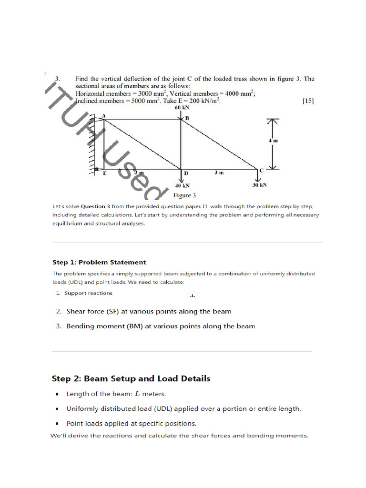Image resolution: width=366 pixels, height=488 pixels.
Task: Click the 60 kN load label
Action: point(182,108)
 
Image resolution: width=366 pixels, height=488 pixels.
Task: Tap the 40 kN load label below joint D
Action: point(182,186)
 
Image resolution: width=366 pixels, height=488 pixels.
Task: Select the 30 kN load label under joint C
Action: point(259,185)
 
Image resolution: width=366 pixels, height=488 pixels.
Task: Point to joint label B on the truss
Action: point(187,118)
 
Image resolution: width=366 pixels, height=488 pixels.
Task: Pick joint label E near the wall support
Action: point(105,174)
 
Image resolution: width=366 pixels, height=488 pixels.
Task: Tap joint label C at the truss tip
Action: point(262,170)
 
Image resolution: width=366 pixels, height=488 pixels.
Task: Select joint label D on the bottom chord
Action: point(186,173)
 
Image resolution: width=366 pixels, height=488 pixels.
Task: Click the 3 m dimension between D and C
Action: point(218,173)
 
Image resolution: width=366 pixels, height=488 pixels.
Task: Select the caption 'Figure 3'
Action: point(184,195)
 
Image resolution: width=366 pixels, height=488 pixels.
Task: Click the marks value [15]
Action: point(308,101)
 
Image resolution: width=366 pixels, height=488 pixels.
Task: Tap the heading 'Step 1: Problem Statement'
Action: point(99,262)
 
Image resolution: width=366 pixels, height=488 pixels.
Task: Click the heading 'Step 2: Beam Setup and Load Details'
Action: point(131,379)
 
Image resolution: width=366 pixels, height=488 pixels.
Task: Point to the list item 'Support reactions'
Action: point(89,293)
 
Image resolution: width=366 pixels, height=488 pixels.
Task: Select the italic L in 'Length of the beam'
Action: point(138,394)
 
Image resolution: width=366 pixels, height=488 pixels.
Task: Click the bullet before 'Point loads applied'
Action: point(57,424)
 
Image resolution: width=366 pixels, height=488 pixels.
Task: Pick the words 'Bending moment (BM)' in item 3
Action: point(102,326)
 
